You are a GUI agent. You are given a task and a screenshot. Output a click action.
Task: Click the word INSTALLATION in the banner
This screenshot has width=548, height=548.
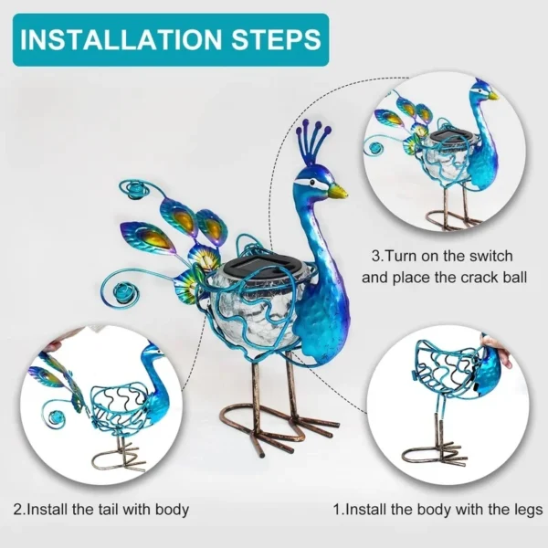pos(121,40)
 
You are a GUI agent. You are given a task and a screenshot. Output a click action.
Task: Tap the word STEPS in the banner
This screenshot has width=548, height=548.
pos(276,40)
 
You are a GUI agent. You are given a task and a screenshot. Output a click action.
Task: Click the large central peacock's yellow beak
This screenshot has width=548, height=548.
pos(338,191)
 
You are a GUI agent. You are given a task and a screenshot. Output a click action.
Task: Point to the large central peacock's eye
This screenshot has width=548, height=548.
pos(311,182)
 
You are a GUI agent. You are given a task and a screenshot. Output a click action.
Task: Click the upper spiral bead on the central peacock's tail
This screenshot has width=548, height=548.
pos(135,191)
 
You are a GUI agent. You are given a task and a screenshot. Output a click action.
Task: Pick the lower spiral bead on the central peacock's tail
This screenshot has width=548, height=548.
pos(120,290)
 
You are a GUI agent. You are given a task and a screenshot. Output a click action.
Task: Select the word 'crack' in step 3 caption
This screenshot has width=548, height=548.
pos(482,278)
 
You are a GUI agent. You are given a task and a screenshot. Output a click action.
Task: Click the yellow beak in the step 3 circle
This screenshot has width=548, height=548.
pos(493,95)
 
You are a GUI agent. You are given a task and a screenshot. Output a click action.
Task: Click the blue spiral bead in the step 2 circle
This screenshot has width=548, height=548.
pos(54,417)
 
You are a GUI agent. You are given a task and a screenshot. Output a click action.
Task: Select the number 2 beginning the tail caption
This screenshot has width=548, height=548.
pos(17,510)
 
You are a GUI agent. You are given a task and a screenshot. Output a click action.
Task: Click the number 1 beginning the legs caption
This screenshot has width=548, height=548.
pos(337,510)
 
